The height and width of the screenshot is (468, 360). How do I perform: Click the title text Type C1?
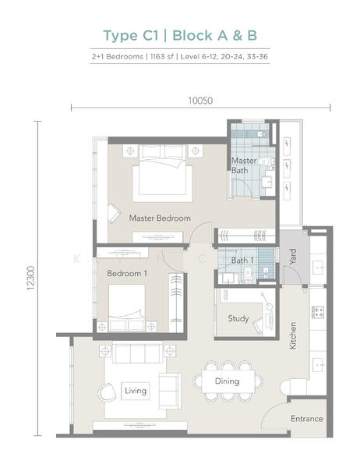pos(132,35)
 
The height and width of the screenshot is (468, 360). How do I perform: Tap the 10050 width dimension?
pos(200,101)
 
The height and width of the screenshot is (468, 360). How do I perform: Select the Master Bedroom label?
pos(159,218)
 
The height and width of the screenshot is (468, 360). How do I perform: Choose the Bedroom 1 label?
pos(126,274)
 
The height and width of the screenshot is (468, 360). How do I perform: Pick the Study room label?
pos(238,318)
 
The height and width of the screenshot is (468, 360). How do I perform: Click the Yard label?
pos(293,256)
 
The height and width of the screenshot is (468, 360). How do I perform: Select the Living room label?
pos(136,390)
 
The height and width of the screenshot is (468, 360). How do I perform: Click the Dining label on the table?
pos(227,381)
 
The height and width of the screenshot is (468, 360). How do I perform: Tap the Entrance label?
pos(307,419)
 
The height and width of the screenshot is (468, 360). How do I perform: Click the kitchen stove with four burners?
pos(318,313)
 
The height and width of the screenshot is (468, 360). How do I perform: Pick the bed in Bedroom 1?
pos(126,306)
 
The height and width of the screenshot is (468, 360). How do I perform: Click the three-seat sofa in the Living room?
pos(138,354)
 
